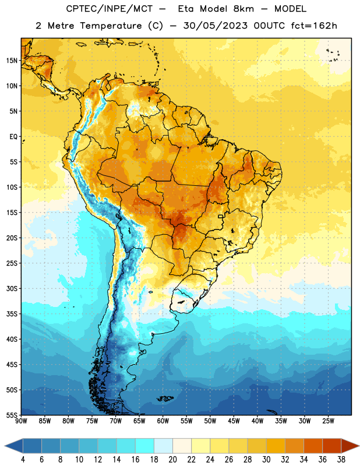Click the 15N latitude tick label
coord(12,61)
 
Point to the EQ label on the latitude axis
coord(13,137)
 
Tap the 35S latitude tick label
coord(12,314)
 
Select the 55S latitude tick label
coord(12,415)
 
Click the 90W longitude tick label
coord(21,421)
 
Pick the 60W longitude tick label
coord(163,421)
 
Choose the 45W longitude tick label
coord(234,421)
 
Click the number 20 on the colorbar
coord(172,460)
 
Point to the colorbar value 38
coord(341,460)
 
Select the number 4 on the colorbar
coord(23,460)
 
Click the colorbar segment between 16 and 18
coord(144,446)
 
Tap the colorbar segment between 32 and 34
coord(294,446)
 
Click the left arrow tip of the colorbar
coord(5,446)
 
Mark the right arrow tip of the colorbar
coord(359,446)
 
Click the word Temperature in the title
coord(111,26)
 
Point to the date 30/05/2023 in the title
coord(215,26)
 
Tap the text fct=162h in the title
coord(314,26)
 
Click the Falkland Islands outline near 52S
coord(165,398)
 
